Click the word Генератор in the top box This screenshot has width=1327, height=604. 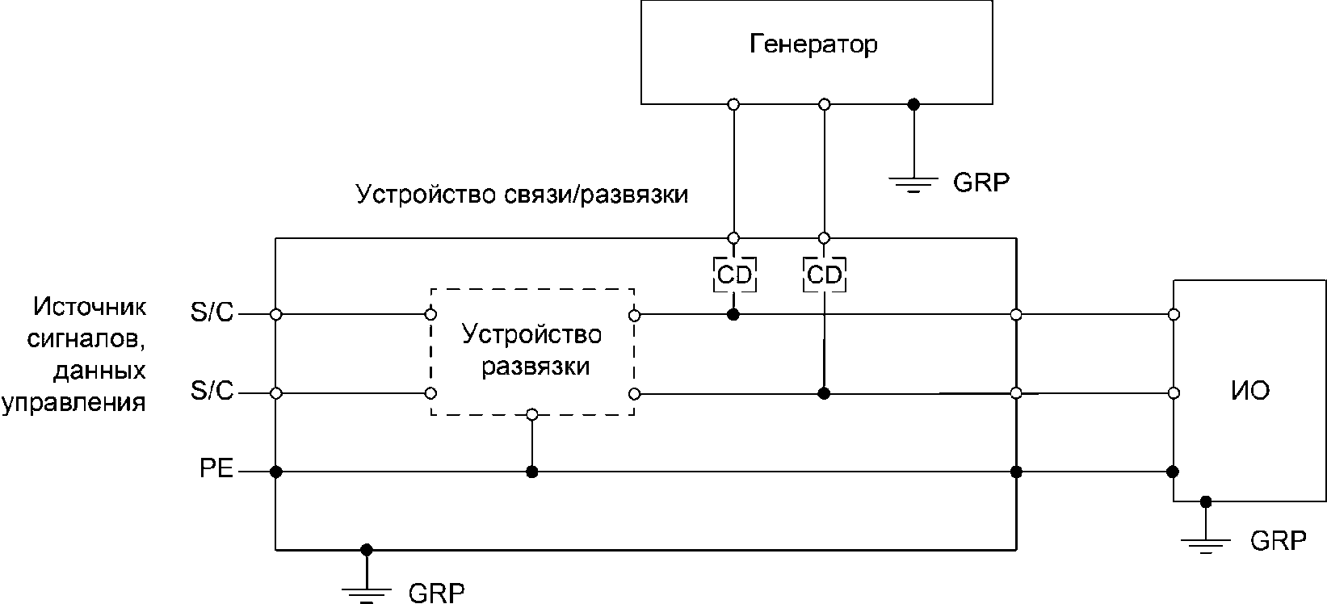click(813, 44)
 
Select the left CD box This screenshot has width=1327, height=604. click(735, 275)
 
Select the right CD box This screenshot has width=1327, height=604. click(825, 275)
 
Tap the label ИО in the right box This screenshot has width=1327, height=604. click(1250, 391)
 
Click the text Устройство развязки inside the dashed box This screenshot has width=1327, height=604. click(532, 350)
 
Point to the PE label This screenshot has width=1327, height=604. click(216, 468)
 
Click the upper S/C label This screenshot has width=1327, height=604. click(212, 312)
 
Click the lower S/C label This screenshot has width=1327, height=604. click(212, 391)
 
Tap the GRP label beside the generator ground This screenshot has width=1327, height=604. click(981, 182)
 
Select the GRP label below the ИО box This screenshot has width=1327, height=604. click(1278, 541)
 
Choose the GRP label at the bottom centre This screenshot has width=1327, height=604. click(437, 592)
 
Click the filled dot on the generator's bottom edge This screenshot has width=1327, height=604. click(913, 105)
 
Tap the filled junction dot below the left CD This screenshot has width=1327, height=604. click(733, 314)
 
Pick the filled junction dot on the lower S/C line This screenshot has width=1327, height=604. click(824, 393)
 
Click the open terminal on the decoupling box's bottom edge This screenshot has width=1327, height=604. click(532, 414)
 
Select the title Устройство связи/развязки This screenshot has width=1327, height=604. click(522, 195)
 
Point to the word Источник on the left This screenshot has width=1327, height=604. click(90, 307)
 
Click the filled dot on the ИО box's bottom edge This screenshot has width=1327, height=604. click(1206, 502)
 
